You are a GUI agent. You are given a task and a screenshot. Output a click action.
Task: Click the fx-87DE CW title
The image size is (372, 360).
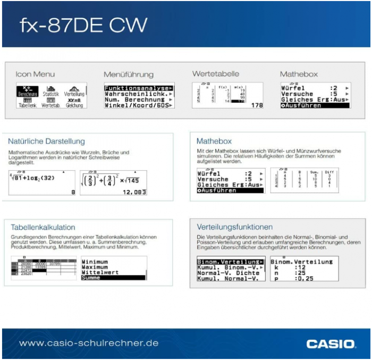point(83,25)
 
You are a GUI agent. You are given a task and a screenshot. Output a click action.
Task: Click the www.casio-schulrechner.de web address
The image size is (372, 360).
point(89,343)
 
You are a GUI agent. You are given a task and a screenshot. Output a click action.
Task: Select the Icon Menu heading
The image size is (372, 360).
point(35,74)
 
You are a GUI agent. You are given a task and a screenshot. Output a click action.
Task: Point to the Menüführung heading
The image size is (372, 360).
point(128,74)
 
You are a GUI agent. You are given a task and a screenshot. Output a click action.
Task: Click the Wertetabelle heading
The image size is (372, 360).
point(215,74)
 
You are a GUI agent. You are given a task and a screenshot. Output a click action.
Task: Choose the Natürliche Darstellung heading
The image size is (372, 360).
point(46,141)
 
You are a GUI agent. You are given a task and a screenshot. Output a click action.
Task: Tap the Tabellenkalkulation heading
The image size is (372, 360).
point(43,227)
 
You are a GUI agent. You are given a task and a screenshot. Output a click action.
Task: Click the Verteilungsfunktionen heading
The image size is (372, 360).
point(234,227)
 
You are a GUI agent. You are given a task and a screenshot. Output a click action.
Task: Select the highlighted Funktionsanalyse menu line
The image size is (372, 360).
point(138,88)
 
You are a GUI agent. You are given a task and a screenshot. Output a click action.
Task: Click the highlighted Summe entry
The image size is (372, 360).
point(113,278)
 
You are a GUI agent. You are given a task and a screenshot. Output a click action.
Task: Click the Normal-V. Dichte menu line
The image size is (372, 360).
point(228,273)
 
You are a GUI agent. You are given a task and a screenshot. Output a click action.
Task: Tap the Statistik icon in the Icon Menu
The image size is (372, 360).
point(51,90)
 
